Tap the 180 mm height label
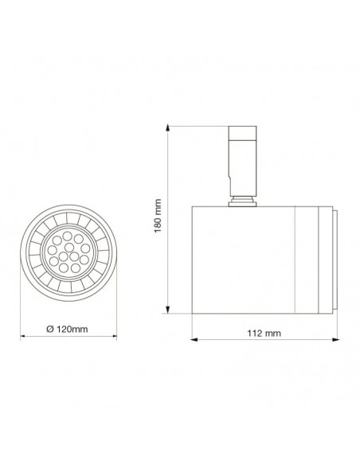point(159,214)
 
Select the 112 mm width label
point(264,332)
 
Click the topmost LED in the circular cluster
point(68,233)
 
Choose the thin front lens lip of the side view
point(332,259)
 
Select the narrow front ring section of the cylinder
point(312,259)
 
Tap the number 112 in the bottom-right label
point(254,332)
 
